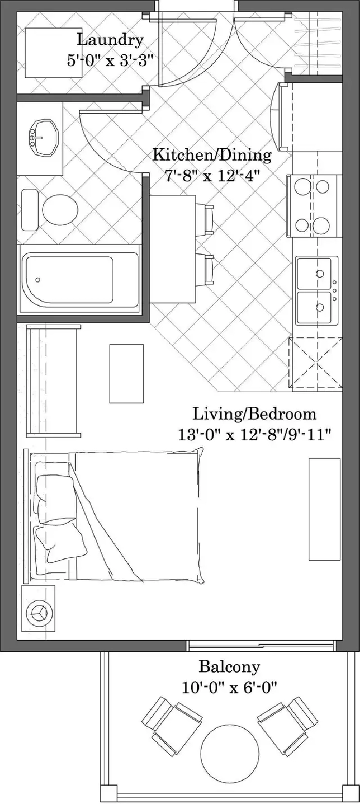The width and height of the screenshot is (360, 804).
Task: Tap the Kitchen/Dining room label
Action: [212, 155]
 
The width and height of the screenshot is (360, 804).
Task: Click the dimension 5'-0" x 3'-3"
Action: [110, 60]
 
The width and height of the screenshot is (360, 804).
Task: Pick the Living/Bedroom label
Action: [255, 414]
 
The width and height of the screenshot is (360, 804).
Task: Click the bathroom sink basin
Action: [43, 138]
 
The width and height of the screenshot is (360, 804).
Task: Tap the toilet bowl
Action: [60, 210]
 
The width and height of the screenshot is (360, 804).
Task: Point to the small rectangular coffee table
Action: [127, 373]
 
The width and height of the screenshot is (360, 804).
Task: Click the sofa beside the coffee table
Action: [53, 380]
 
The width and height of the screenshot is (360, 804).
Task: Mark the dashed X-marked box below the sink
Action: [315, 364]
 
